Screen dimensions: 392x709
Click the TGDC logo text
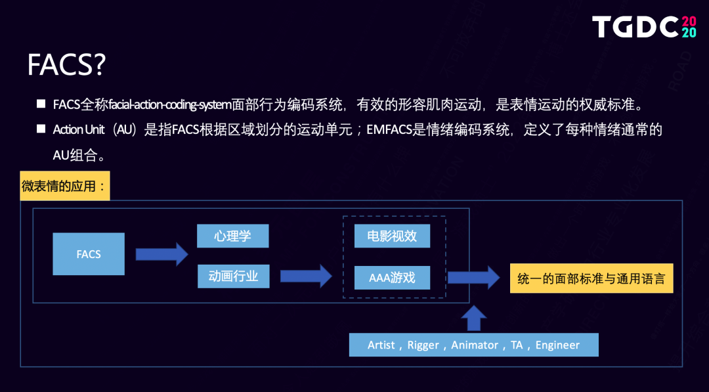pos(635,27)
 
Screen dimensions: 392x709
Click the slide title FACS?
pos(66,66)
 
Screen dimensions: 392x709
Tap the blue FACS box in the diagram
pos(89,254)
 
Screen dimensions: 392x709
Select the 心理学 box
pos(232,236)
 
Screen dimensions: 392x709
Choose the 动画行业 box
pos(232,276)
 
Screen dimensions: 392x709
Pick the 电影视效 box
pos(392,236)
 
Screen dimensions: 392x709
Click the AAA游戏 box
pos(392,278)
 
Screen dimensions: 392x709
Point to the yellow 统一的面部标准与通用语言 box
pos(591,278)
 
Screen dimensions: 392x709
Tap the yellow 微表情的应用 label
pos(64,186)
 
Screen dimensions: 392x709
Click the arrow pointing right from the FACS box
pos(161,253)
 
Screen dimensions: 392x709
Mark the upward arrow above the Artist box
pos(473,318)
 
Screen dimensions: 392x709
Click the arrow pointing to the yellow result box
pos(473,276)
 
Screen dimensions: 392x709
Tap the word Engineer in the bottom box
pos(557,345)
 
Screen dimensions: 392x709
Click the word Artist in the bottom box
pos(381,345)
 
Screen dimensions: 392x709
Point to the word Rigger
pos(423,345)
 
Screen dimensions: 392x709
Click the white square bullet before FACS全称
pos(41,104)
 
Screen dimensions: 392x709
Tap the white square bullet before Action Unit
pos(41,129)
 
